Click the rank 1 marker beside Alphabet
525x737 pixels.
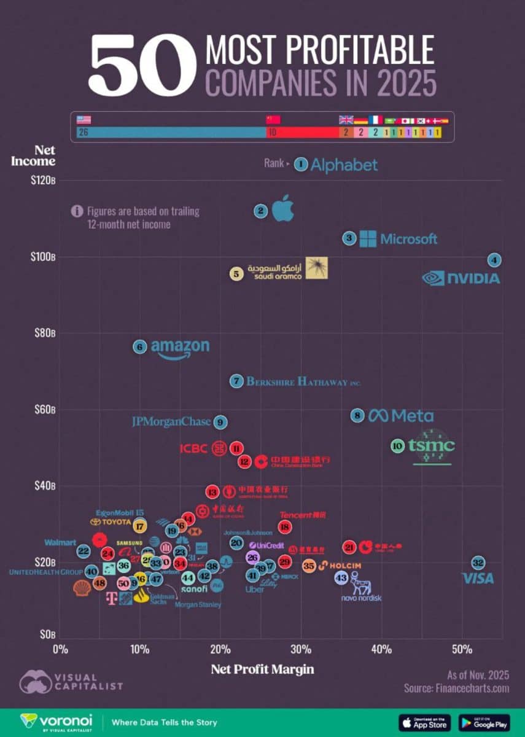tap(300, 164)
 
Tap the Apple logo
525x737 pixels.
tap(283, 209)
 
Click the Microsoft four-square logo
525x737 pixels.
tap(368, 239)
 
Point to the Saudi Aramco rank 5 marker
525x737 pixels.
tap(236, 274)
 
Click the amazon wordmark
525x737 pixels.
tap(180, 348)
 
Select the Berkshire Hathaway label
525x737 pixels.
tap(303, 382)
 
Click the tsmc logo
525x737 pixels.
tap(432, 446)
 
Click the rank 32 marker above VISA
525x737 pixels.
tap(478, 563)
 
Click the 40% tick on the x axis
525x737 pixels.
tap(381, 649)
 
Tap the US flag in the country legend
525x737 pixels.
tap(83, 120)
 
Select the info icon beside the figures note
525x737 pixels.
tap(77, 211)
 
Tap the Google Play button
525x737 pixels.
tap(483, 722)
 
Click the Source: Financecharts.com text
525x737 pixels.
tap(456, 688)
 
